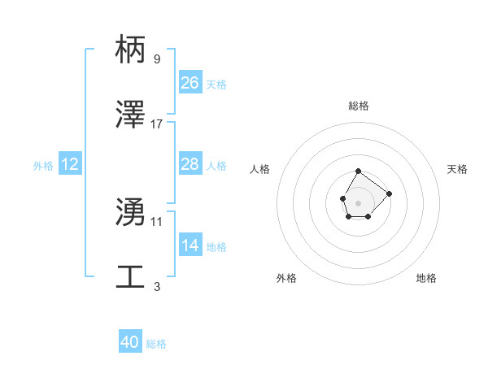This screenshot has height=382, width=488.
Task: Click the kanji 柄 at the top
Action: (131, 50)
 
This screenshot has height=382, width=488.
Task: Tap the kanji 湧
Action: (131, 212)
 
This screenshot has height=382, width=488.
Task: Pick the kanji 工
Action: (131, 277)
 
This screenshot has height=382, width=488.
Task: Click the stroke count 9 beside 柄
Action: (156, 59)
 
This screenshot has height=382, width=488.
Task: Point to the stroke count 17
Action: (157, 124)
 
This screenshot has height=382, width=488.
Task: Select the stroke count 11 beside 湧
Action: (157, 221)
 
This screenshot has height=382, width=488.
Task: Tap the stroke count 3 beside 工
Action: (156, 286)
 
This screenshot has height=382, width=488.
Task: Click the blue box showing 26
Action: (190, 83)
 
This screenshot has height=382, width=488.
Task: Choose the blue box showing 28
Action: (190, 164)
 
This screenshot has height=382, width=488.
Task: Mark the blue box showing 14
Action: (190, 245)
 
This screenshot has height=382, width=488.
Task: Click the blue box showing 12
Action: (70, 164)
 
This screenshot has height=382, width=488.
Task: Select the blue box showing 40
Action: (130, 342)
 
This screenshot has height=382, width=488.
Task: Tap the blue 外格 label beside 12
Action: (43, 166)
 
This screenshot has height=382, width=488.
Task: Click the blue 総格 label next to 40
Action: (156, 344)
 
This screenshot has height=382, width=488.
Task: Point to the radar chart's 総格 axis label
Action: (359, 106)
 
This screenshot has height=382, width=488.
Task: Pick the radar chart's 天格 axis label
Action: (457, 169)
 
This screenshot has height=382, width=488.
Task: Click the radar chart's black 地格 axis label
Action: (426, 278)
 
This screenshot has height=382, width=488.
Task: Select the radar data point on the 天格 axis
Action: (389, 193)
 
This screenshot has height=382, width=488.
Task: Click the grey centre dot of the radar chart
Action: (358, 202)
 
